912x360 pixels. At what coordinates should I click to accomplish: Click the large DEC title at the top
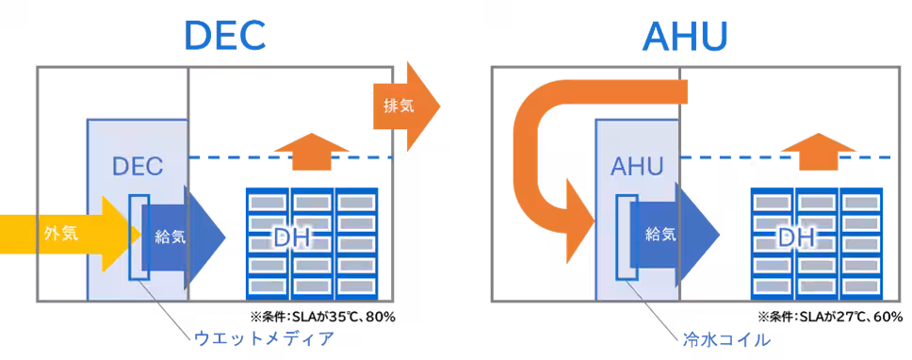pos(225,36)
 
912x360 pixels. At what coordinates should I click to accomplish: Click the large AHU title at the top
pos(684,36)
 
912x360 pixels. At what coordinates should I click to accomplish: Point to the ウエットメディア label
pos(264,337)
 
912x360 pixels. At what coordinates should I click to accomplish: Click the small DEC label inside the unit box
pos(138,167)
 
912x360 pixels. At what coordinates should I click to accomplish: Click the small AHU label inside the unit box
pos(637,167)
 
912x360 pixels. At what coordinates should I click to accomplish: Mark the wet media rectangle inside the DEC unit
pos(138,237)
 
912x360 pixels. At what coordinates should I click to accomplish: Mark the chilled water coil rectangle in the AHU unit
pos(626,237)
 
